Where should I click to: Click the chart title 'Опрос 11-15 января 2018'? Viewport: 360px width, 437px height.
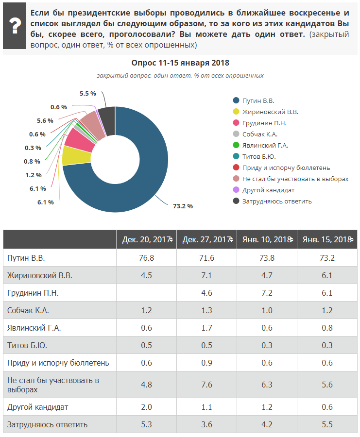click(180, 63)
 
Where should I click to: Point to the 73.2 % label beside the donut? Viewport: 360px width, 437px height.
click(183, 206)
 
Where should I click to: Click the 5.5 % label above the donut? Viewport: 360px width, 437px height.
click(87, 93)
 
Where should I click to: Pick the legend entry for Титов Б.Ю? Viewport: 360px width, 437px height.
click(258, 156)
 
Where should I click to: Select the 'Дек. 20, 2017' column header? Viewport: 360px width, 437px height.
click(146, 239)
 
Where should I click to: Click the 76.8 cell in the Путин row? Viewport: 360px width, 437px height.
click(146, 258)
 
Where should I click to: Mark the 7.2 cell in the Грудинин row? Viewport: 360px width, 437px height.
click(267, 293)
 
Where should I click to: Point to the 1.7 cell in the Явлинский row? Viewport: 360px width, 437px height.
click(206, 328)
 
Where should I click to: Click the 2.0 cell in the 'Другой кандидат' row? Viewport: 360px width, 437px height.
click(146, 407)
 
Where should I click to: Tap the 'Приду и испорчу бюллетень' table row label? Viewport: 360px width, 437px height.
click(58, 363)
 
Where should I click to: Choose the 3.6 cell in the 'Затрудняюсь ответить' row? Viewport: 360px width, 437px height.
click(206, 424)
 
